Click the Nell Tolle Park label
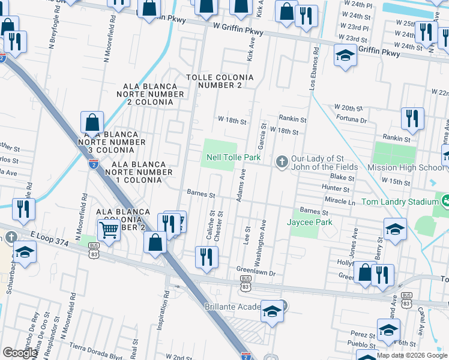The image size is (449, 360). click(x=234, y=157)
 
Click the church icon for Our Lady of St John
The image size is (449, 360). click(x=282, y=161)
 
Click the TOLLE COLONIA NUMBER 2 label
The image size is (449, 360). click(x=220, y=82)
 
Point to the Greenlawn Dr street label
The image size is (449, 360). click(x=255, y=272)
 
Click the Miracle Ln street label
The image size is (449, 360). click(x=339, y=202)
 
